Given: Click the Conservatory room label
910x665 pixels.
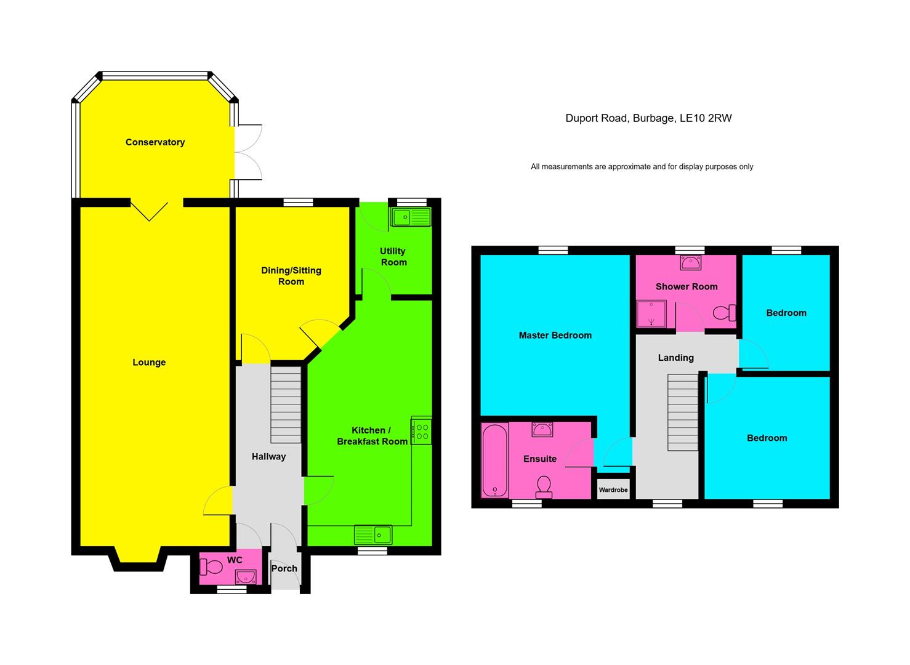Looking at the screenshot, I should (x=155, y=142).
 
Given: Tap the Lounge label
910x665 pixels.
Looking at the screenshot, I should (x=149, y=362).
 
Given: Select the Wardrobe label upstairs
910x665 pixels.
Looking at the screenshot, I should (x=613, y=490).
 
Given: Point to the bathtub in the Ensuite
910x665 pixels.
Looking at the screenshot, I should (x=494, y=460).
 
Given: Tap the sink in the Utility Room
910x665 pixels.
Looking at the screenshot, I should (x=410, y=217).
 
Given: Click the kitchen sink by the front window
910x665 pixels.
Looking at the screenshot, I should (x=373, y=534).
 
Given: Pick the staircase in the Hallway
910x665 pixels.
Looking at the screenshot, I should (x=286, y=405).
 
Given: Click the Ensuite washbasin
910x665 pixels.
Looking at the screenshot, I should (x=542, y=429).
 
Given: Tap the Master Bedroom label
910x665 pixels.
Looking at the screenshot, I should (x=555, y=336).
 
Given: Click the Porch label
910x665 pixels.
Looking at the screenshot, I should (x=284, y=568).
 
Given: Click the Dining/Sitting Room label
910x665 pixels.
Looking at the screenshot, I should (x=291, y=276).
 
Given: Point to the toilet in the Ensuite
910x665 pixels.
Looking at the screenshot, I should (x=544, y=486).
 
